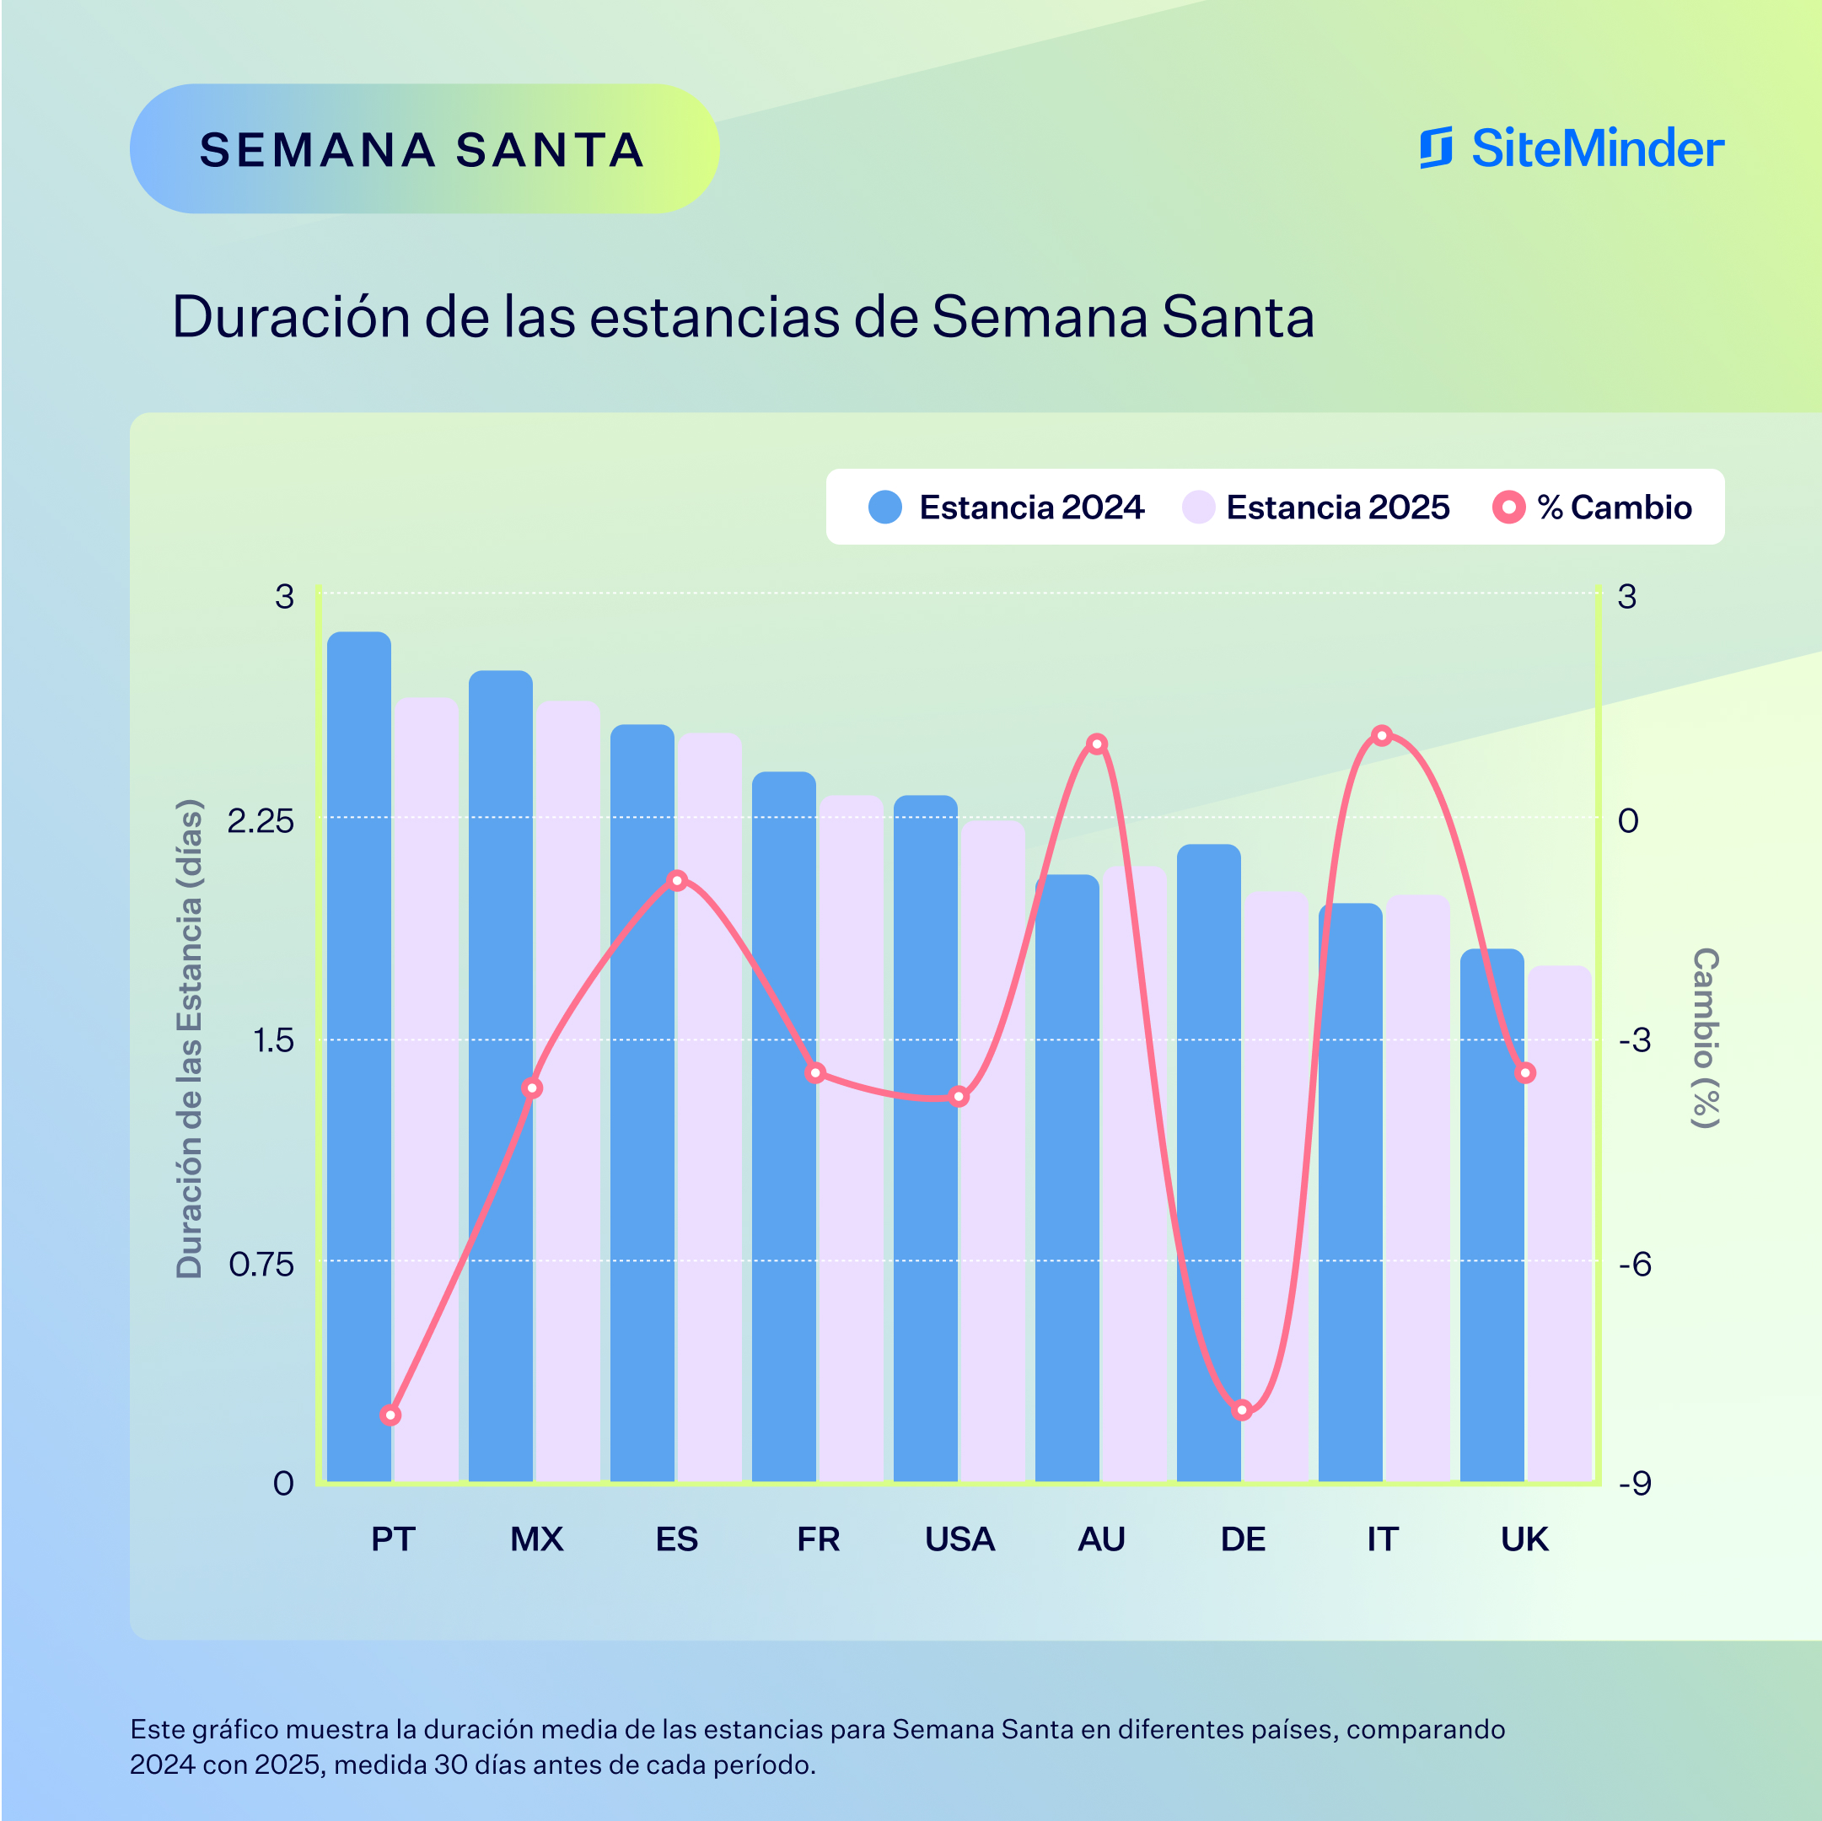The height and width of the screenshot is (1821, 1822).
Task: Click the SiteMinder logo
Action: coord(1571,148)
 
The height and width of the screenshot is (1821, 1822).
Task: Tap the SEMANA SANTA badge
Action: coord(423,149)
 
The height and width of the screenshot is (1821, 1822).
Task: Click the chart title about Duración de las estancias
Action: coord(742,317)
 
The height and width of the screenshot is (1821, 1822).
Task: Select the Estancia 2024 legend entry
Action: coord(1006,508)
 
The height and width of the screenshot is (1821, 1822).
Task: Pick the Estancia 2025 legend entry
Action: coord(1315,508)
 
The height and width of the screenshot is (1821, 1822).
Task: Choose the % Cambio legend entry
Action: coord(1592,508)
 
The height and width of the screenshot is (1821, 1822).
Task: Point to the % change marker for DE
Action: coord(1242,1410)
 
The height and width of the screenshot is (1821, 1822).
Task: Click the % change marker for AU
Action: coord(1096,744)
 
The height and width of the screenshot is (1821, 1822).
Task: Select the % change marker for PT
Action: coord(390,1415)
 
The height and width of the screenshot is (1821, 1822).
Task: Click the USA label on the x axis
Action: coord(959,1539)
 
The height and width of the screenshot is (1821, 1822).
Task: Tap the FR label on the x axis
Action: coord(818,1539)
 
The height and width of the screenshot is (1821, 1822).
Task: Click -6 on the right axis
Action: coord(1634,1265)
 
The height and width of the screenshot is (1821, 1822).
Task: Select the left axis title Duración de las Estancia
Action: coord(190,1037)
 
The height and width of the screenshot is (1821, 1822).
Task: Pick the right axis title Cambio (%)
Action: coord(1705,1037)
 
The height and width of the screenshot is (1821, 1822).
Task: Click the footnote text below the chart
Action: coord(817,1747)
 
